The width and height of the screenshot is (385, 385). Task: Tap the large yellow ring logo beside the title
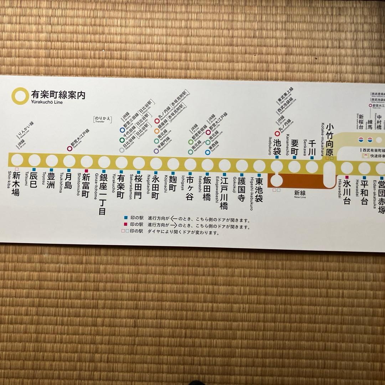19,95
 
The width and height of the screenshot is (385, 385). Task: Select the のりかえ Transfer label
102,119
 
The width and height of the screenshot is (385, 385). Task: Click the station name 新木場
16,184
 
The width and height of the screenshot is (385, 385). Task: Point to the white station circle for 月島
69,161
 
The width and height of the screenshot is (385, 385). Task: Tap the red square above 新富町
86,171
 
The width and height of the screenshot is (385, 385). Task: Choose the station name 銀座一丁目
103,195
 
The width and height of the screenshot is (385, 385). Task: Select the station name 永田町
156,184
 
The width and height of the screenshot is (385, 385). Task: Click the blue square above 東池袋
259,175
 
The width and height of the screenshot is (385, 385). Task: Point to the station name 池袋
277,146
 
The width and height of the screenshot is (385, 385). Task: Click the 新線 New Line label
300,194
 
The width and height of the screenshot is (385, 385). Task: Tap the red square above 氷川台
346,177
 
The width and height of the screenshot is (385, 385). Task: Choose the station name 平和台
364,192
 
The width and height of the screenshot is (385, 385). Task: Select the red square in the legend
126,225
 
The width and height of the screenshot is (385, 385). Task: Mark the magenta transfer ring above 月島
70,148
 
